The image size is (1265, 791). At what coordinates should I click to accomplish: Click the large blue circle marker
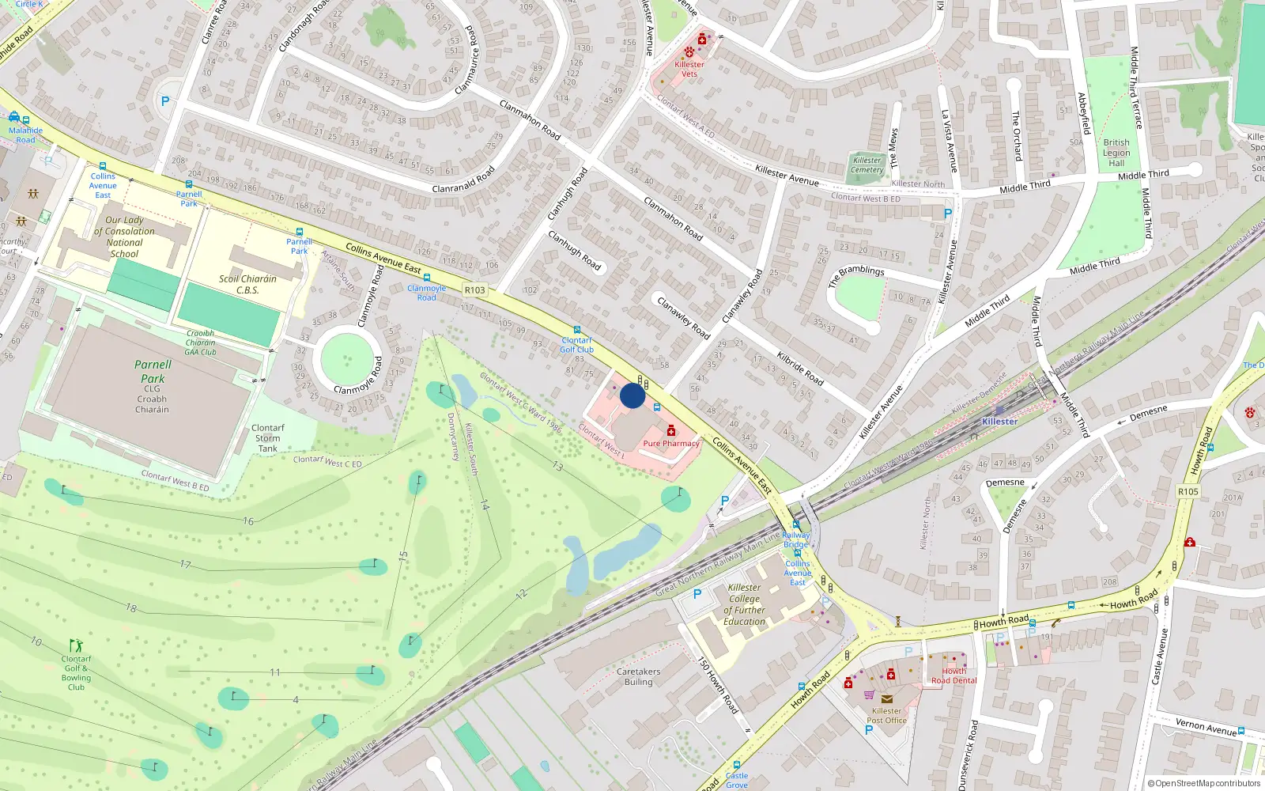pos(632,395)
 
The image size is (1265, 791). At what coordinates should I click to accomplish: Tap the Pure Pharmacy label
pos(671,444)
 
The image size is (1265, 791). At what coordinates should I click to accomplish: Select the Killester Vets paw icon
pos(689,52)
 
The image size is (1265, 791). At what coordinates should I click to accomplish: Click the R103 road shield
pos(475,290)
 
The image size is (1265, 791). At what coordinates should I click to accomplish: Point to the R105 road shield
pos(1188,491)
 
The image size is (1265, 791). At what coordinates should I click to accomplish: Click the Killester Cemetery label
pos(867,165)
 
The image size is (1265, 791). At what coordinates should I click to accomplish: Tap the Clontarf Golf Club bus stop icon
pos(576,331)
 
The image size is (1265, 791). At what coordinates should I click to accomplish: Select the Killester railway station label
pos(999,422)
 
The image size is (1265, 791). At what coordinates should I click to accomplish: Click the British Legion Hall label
pos(1116,153)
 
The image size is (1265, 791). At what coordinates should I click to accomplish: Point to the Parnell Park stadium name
pos(153,371)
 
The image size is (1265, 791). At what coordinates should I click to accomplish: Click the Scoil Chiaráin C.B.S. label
pos(247,284)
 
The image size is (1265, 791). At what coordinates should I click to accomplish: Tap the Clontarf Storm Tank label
pos(267,437)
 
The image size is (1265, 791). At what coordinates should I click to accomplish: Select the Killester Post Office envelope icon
pos(886,698)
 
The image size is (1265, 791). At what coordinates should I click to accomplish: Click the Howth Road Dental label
pos(953,676)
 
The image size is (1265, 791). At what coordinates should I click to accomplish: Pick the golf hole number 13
pos(557,467)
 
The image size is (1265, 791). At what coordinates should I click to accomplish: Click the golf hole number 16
pos(248,521)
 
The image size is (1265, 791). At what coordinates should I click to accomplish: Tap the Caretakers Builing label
pos(638,676)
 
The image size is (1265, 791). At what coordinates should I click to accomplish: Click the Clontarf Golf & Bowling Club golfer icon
pos(76,645)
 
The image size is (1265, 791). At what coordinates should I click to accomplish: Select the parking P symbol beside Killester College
pos(697,594)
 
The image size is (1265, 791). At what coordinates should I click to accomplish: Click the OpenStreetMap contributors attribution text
pos(1204,783)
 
